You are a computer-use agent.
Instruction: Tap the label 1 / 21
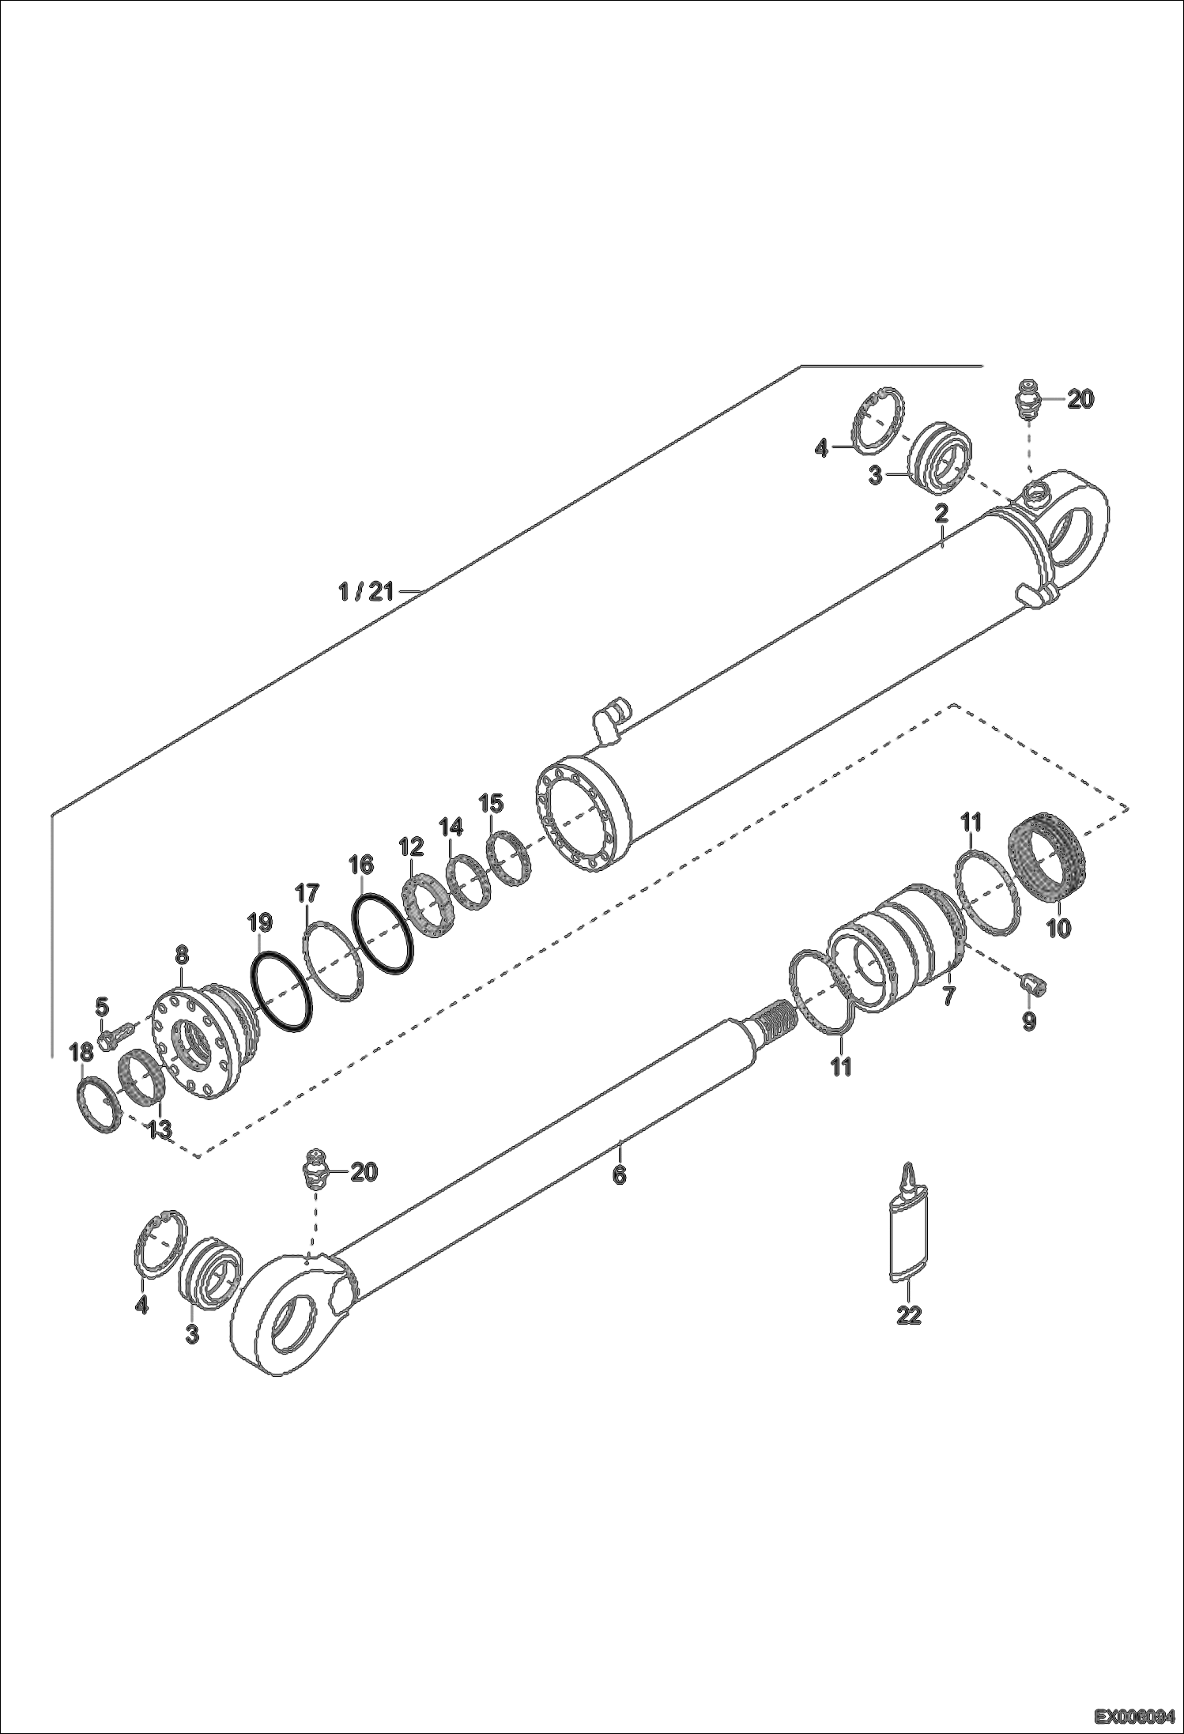pyautogui.click(x=365, y=591)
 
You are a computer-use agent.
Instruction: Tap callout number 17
pyautogui.click(x=307, y=894)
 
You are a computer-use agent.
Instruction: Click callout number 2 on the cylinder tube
pyautogui.click(x=941, y=514)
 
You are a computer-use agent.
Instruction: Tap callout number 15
pyautogui.click(x=491, y=804)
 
